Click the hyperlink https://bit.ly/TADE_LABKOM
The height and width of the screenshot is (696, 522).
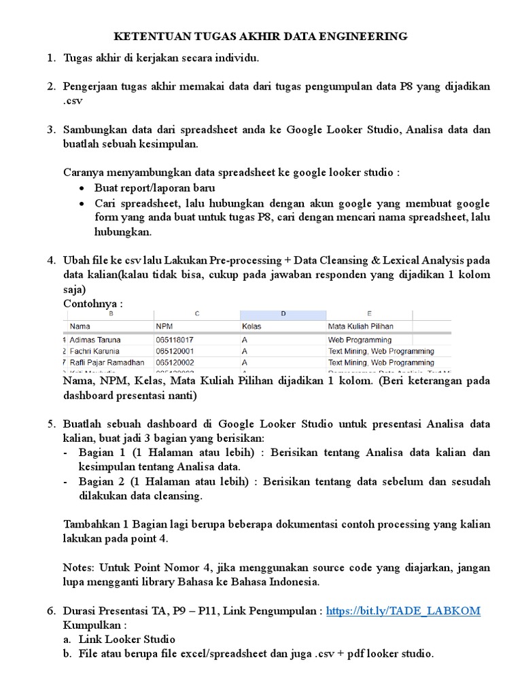tap(403, 611)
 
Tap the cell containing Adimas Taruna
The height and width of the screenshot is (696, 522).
tap(96, 338)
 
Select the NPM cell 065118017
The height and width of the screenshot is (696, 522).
tap(175, 338)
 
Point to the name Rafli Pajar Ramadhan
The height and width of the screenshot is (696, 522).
tap(107, 362)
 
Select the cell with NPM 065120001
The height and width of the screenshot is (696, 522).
tap(175, 351)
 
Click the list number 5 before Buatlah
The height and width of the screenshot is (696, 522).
tap(50, 424)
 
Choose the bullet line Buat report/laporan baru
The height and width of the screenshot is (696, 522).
tap(155, 188)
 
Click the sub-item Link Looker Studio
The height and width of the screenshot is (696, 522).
tap(126, 639)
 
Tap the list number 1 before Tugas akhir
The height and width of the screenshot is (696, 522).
tap(50, 58)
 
